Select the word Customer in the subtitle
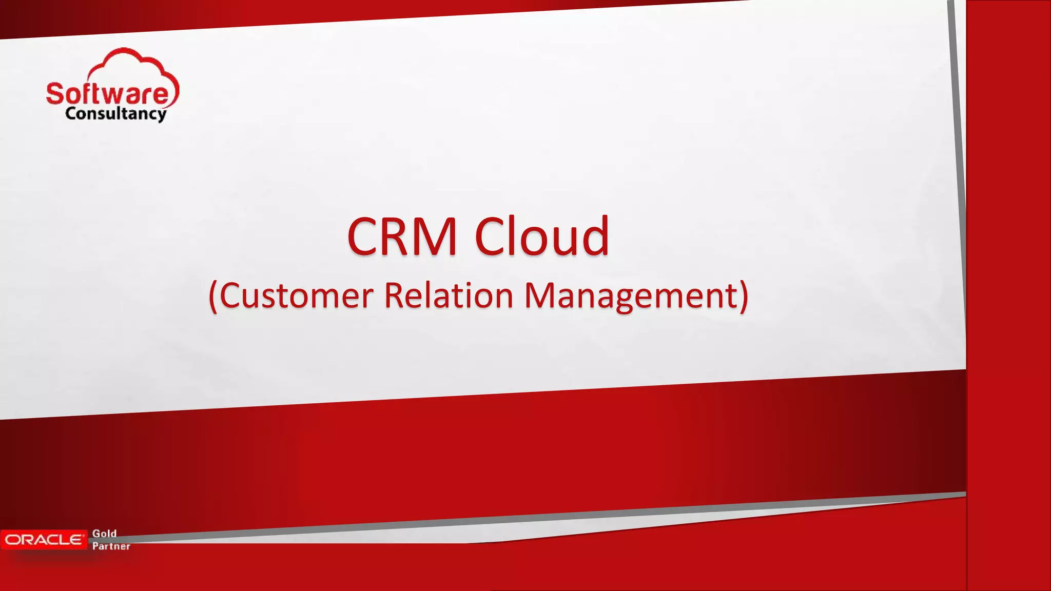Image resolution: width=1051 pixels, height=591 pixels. [296, 296]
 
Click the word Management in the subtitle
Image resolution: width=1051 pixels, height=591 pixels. [631, 296]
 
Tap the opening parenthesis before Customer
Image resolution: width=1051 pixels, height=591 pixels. [213, 297]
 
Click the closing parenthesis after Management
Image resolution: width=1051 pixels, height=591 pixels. [744, 296]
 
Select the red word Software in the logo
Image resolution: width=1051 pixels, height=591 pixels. [107, 94]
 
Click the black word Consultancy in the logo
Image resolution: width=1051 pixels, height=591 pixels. [115, 113]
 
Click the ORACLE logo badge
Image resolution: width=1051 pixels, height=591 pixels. [44, 540]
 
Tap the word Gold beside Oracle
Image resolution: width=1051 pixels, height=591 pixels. [104, 534]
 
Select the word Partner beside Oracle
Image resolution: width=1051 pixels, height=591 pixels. [111, 546]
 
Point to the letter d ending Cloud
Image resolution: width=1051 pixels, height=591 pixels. [595, 235]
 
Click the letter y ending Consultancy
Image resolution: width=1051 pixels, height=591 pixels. [161, 115]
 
